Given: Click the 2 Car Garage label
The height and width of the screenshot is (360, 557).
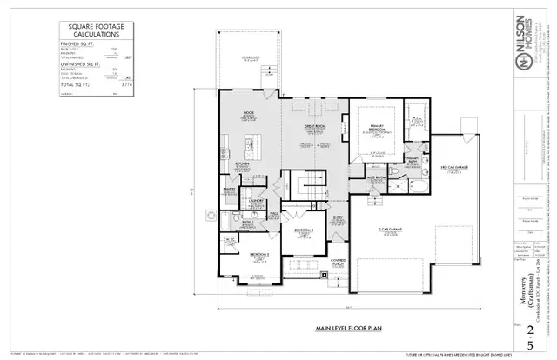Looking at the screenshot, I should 413,230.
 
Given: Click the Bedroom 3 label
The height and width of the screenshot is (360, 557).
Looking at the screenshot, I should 304,230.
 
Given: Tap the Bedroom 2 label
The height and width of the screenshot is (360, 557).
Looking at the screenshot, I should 258,254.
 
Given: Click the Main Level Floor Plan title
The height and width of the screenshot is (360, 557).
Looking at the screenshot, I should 340,330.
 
